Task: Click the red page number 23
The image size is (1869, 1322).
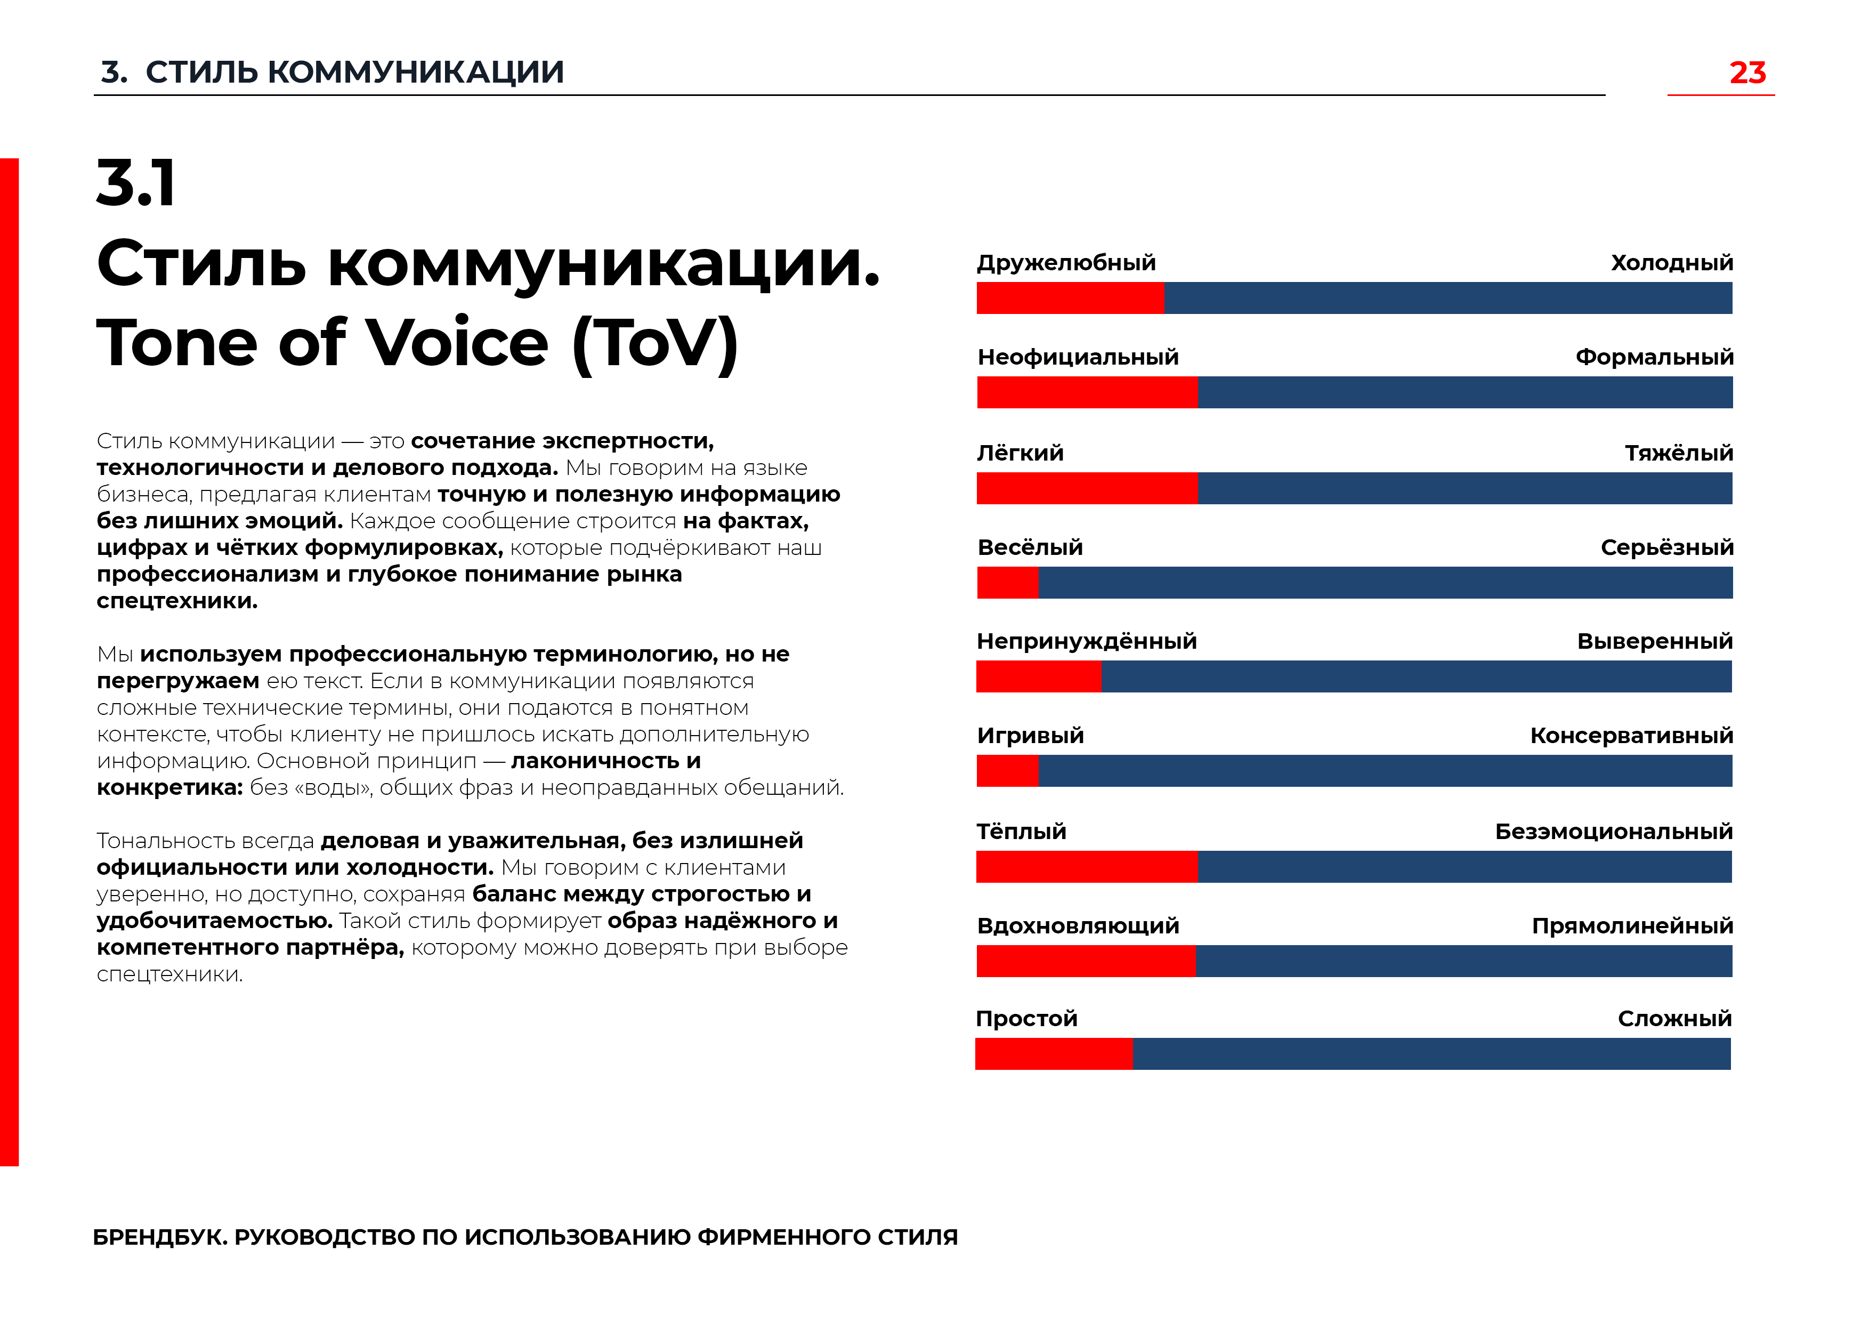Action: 1747,72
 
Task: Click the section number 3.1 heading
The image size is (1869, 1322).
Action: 136,183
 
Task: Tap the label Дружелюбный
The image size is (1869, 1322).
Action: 1066,263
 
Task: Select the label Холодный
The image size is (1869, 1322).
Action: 1672,263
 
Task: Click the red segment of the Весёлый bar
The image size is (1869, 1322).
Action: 1008,583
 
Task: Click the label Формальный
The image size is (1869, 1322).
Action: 1654,357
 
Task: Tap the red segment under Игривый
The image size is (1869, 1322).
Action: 1008,771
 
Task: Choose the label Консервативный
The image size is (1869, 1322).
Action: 1631,735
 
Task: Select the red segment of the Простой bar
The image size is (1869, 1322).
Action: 1054,1054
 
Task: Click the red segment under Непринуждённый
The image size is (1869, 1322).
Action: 1039,676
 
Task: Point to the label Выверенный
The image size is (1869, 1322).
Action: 1655,641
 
